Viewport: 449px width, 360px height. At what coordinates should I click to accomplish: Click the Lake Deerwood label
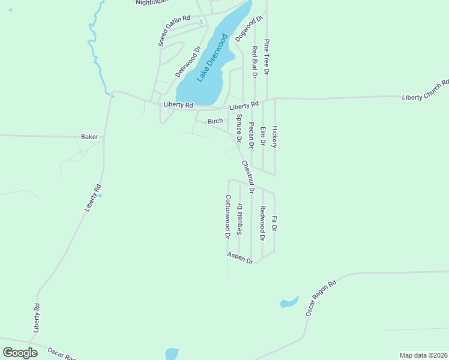point(213,58)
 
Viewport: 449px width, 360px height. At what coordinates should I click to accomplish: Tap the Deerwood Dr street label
point(187,62)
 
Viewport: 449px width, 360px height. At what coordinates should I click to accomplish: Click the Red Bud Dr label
point(255,62)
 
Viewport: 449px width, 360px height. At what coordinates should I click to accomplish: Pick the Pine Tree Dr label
point(267,58)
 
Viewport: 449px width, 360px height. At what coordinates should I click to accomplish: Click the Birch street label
point(215,121)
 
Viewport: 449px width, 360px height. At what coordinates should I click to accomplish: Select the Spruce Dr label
point(239,128)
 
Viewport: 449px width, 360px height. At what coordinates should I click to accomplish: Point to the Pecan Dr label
point(252,135)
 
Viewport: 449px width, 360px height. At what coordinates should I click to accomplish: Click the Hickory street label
point(275,137)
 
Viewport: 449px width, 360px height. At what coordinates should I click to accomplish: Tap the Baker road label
point(89,137)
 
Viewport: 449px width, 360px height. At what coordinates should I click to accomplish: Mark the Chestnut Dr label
point(248,176)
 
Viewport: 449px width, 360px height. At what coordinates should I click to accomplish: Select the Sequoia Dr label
point(240,220)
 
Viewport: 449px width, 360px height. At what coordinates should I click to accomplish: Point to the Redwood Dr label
point(262,223)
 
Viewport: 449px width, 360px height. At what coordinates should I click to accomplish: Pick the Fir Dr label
point(274,224)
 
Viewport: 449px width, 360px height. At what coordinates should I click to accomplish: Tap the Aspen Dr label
point(241,257)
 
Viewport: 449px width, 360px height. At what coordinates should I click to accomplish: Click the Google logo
point(20,352)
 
